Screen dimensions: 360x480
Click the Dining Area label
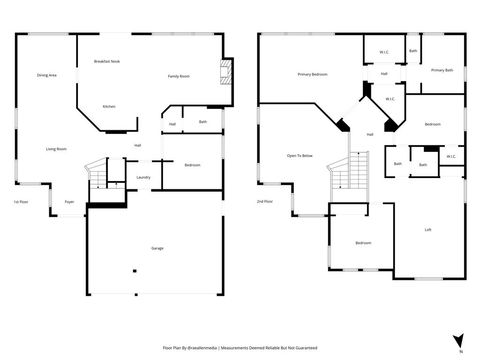[46, 75]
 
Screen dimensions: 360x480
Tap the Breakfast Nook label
[107, 61]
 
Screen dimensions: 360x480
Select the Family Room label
[179, 76]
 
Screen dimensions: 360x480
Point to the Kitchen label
[108, 106]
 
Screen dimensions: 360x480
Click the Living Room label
[56, 149]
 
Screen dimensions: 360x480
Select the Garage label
[157, 248]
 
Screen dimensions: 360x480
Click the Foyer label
[70, 202]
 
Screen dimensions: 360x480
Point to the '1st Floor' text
[20, 202]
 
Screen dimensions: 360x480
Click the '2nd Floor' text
[263, 202]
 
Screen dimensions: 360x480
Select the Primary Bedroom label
[312, 75]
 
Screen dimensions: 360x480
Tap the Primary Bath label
[442, 70]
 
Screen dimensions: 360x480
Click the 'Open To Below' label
[300, 156]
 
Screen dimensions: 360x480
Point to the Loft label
[428, 230]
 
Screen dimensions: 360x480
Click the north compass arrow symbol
[458, 340]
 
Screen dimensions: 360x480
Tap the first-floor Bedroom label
[192, 164]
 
